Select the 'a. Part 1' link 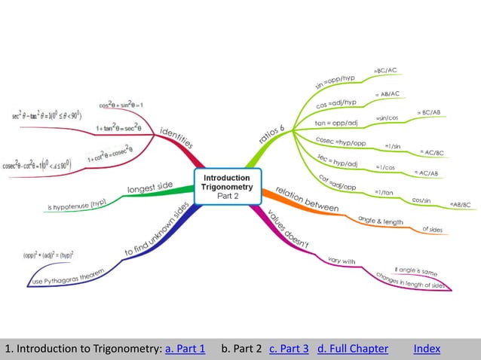tap(185, 349)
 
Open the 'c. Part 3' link tap(289, 349)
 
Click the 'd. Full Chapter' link tap(353, 349)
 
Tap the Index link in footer tap(427, 349)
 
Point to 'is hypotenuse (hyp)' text tap(77, 204)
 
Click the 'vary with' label tap(341, 261)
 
